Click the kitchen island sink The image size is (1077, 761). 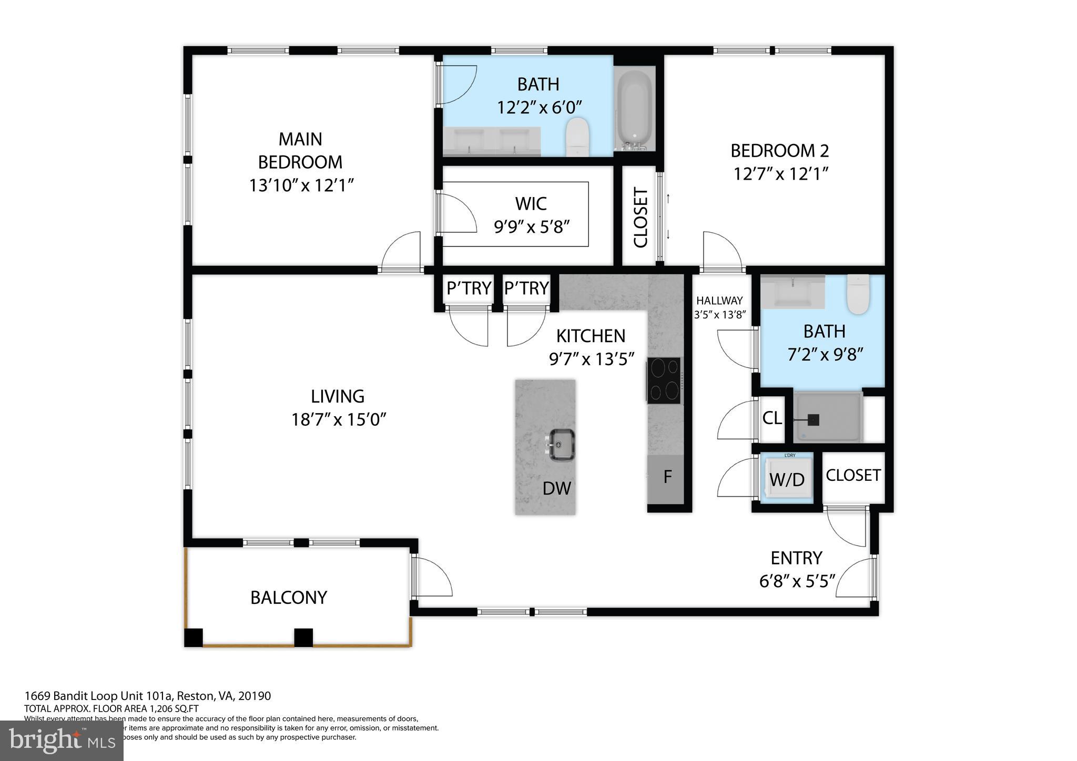point(562,445)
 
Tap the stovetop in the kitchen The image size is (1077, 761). point(664,380)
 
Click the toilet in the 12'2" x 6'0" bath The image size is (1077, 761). point(577,136)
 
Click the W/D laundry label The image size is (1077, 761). point(787,479)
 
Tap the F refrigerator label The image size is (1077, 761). point(667,477)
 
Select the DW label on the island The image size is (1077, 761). point(556,488)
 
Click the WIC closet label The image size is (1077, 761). point(531,203)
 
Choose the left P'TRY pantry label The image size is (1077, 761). point(469,288)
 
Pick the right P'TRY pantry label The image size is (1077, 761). point(526,288)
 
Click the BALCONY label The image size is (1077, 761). point(289,598)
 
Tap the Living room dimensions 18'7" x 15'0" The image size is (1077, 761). point(339,419)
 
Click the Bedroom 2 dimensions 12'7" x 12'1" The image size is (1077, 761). point(781,173)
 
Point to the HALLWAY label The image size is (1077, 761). point(719,301)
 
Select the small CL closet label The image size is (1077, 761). point(772,418)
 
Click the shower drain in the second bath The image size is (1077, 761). point(813,420)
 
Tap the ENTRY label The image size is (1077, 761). point(796,557)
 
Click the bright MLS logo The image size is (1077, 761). point(62,741)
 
